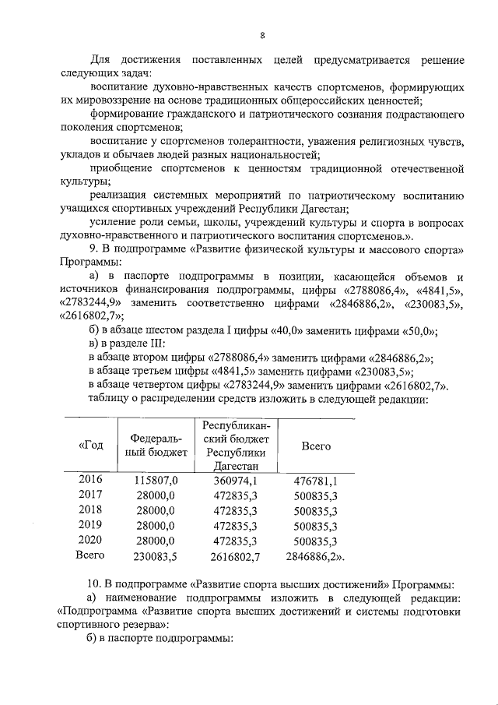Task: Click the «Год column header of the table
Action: [x=90, y=446]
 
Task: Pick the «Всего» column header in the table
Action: [x=316, y=446]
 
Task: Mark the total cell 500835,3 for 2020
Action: [x=316, y=540]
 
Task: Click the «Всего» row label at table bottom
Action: [x=89, y=555]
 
